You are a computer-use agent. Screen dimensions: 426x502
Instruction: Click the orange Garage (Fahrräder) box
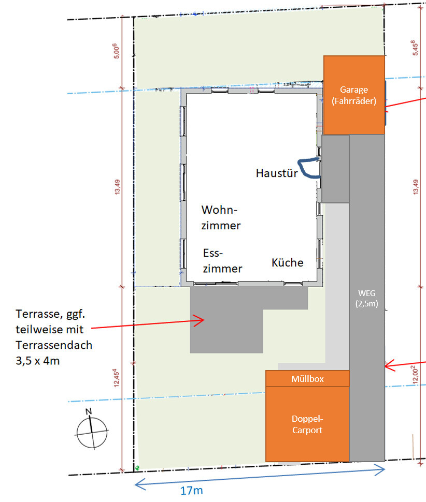click(354, 95)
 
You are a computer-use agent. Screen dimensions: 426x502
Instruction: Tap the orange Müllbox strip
click(307, 379)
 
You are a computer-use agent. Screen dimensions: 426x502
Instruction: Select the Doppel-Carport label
click(307, 424)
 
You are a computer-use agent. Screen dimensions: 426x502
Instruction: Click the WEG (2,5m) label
click(367, 299)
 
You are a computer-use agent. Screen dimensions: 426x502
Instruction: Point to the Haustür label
click(277, 173)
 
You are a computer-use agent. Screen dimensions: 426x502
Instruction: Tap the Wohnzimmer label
click(221, 218)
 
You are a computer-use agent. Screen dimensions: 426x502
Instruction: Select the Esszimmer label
click(222, 261)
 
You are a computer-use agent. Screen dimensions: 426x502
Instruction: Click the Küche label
click(287, 262)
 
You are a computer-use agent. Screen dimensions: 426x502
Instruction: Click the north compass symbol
click(92, 431)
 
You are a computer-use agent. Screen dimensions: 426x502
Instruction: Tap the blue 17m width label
click(191, 491)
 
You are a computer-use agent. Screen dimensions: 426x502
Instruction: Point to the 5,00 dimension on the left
click(117, 51)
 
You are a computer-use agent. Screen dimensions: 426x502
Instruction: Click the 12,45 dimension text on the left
click(116, 378)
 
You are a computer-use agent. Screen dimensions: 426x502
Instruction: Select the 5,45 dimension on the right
click(415, 48)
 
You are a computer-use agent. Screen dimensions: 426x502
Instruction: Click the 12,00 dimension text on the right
click(415, 375)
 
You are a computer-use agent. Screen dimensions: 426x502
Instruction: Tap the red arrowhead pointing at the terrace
click(200, 320)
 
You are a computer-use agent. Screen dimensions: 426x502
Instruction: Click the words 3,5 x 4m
click(37, 361)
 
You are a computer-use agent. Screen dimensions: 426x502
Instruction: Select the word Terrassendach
click(54, 345)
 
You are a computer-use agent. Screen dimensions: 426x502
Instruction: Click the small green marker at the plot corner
click(137, 468)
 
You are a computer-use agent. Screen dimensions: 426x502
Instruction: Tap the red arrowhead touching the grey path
click(389, 365)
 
